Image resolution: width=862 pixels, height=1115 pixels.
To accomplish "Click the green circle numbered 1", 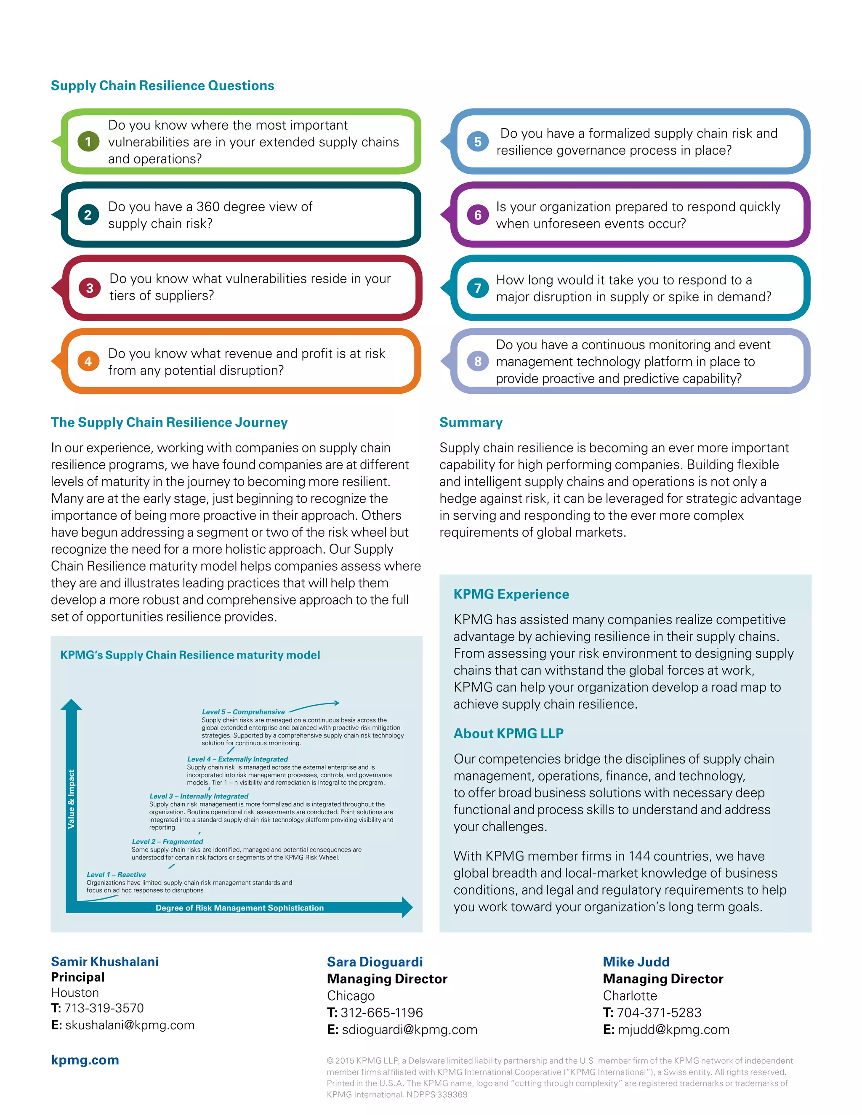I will coord(88,141).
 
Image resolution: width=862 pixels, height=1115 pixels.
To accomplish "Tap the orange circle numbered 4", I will coord(88,361).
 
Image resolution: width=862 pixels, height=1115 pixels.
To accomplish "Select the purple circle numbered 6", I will coord(477,215).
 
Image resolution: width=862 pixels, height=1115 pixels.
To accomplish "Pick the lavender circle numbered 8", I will coord(477,361).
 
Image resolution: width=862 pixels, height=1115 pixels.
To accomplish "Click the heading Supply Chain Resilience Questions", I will coord(162,85).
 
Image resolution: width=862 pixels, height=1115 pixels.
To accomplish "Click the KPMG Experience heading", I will coord(511,594).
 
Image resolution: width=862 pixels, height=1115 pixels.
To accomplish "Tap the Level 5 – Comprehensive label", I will coord(243,711).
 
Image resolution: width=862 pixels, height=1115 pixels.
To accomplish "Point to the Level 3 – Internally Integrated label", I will coord(199,796).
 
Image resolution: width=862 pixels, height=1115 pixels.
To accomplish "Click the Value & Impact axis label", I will coord(72,799).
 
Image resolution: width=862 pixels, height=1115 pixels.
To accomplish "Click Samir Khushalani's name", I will coord(105,961).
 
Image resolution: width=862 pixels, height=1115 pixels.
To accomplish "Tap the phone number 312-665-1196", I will coord(381,1012).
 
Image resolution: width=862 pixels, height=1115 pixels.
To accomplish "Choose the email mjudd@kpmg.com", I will coord(673,1029).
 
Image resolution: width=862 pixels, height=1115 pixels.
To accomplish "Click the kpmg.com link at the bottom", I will coord(85,1060).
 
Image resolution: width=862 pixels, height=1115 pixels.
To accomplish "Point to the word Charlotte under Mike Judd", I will coord(630,996).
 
